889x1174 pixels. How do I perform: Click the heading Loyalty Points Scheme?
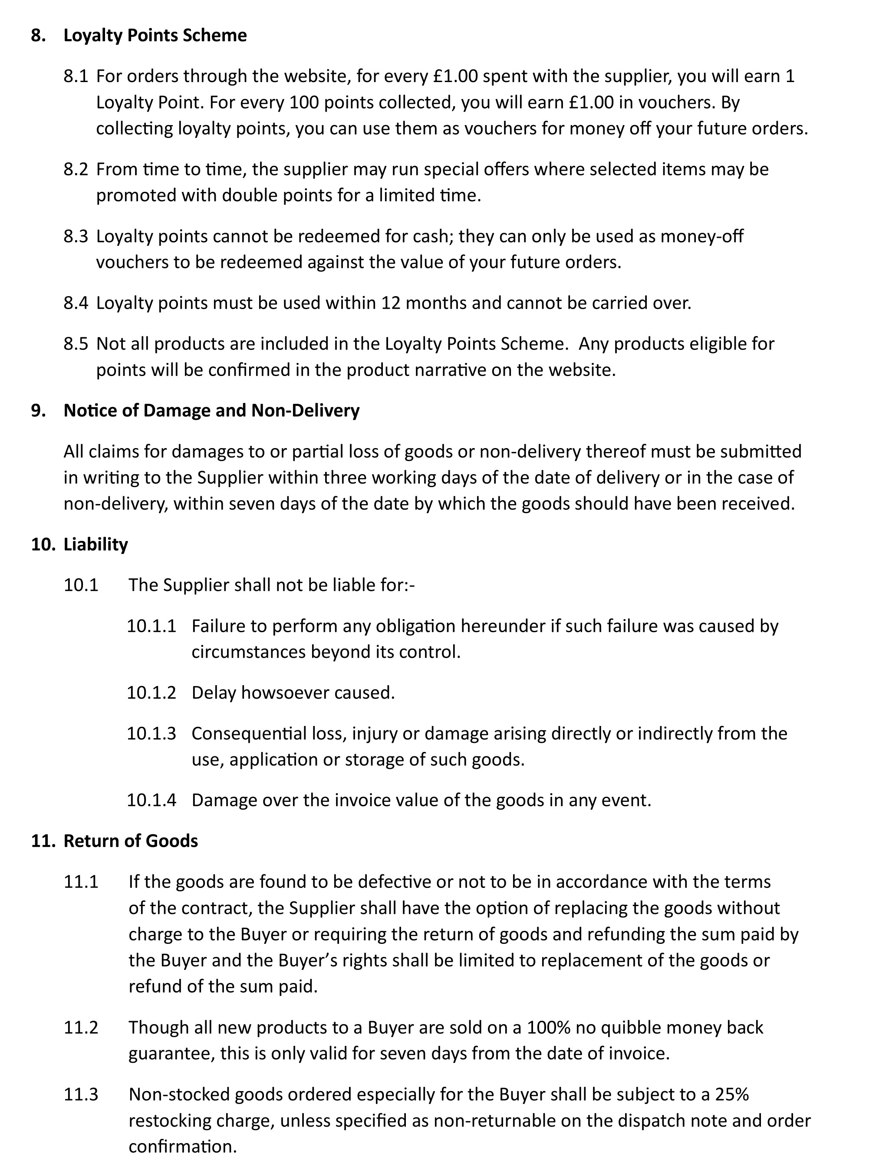pyautogui.click(x=155, y=36)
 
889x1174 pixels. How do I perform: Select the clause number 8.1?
pyautogui.click(x=76, y=76)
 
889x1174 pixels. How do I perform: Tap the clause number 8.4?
pyautogui.click(x=76, y=303)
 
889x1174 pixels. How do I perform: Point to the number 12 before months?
pyautogui.click(x=391, y=303)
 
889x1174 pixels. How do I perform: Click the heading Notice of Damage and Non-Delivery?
pyautogui.click(x=211, y=411)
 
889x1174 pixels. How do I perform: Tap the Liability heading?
pyautogui.click(x=95, y=544)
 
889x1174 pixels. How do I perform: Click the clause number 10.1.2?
pyautogui.click(x=151, y=693)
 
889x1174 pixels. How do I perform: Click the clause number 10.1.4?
pyautogui.click(x=151, y=800)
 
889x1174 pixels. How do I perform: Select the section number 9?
pyautogui.click(x=38, y=411)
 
